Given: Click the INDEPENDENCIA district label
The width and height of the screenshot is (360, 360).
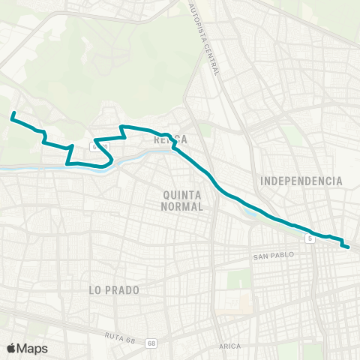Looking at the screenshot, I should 301,181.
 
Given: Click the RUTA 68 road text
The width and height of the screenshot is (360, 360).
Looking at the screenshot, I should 120,339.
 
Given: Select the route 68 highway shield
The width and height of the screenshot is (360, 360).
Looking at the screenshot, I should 152,343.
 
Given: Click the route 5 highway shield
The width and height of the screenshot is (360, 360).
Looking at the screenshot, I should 309,238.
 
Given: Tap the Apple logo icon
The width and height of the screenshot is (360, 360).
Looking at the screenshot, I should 12,348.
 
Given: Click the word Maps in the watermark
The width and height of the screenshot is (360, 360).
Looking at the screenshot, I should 33,348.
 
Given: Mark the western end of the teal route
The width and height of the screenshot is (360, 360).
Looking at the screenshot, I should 13,114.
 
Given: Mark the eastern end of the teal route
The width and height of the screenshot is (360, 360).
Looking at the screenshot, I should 347,246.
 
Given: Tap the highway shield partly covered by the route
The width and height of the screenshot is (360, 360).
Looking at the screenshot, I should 98,145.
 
